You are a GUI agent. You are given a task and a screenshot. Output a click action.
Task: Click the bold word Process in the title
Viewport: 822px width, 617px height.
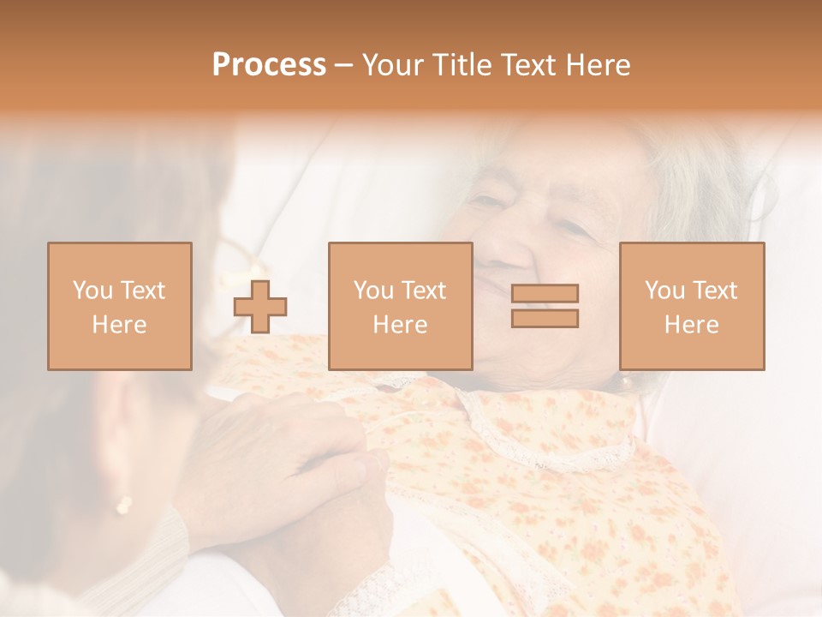pos(269,65)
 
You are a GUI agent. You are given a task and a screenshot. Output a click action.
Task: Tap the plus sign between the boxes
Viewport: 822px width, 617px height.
pos(260,306)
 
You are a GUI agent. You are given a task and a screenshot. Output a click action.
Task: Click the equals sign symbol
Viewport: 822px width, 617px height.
pos(545,306)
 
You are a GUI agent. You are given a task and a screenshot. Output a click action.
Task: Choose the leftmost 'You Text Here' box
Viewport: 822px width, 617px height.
pos(119,306)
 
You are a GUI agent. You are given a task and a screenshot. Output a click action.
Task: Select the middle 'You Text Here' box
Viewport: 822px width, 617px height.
pos(400,306)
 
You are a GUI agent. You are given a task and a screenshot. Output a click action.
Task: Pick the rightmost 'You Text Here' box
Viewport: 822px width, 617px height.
pos(691,306)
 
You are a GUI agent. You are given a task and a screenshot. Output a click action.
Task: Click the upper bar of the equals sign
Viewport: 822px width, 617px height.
pos(545,294)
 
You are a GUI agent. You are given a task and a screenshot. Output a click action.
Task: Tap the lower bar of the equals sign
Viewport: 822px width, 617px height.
pos(545,318)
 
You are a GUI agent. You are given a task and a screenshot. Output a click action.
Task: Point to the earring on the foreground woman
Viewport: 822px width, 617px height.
pos(124,506)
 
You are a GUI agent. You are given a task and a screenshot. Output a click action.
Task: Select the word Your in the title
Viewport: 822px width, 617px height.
pos(390,65)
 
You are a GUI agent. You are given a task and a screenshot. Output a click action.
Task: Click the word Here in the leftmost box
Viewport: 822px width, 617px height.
pos(119,324)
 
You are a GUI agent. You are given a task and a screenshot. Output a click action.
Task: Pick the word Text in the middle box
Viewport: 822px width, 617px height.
pos(423,291)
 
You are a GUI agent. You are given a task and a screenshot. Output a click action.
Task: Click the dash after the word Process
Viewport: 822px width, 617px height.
pos(343,65)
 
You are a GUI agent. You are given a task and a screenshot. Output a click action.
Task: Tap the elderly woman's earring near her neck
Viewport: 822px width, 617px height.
pos(624,379)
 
